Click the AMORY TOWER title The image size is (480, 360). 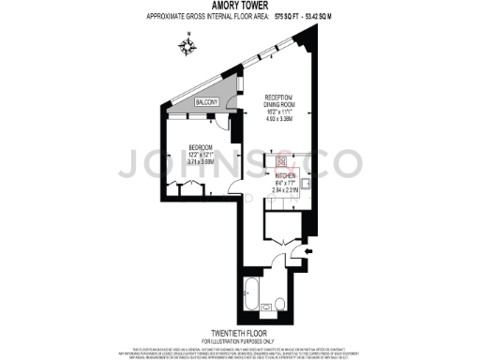(x=240, y=7)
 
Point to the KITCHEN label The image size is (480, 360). (x=286, y=175)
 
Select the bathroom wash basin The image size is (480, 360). (x=265, y=306)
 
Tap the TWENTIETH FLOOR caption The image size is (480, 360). (x=240, y=333)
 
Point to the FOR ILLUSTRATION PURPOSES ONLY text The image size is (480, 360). (x=240, y=340)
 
